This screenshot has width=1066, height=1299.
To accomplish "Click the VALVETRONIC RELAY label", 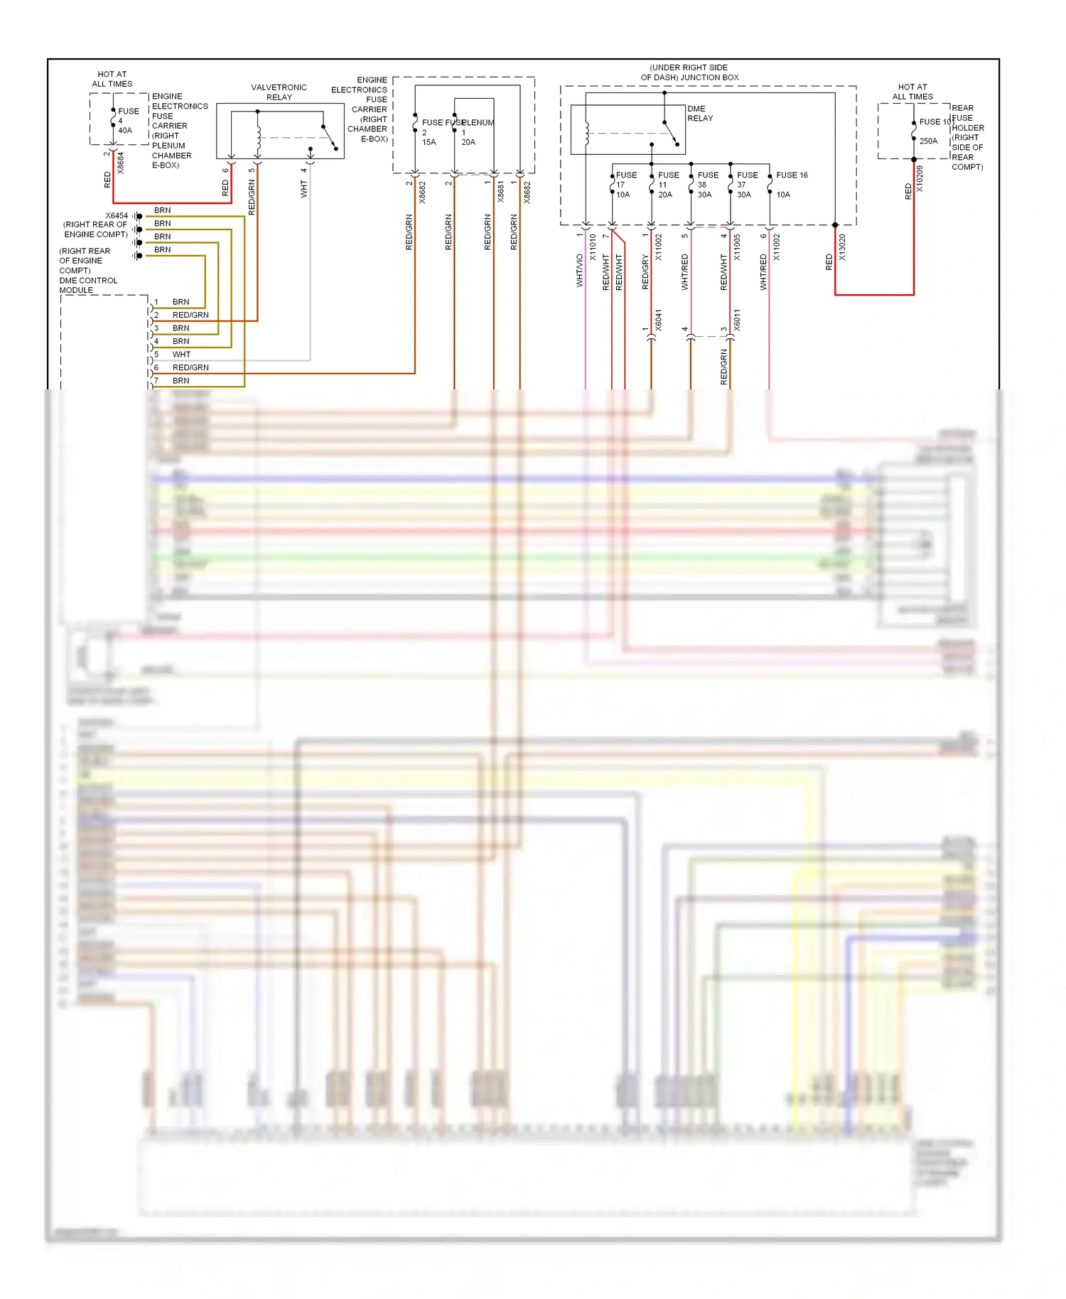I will (x=279, y=92).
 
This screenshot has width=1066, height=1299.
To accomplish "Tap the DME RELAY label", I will (x=699, y=114).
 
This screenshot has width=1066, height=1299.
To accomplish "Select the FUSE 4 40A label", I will (x=127, y=121).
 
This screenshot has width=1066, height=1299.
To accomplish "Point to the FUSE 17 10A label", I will (x=625, y=185).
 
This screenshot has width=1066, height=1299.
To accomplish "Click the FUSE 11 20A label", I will (x=667, y=185).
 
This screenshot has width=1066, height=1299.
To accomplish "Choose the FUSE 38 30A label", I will (x=707, y=185).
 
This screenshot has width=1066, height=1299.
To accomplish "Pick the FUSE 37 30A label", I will (x=746, y=185).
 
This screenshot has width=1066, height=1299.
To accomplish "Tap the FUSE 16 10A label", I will (x=790, y=184).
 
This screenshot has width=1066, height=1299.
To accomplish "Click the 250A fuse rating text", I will (x=928, y=141).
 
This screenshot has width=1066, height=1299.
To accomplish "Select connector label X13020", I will (x=842, y=247).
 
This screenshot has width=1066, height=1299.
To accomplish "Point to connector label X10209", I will (x=920, y=179).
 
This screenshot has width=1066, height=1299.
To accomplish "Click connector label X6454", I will (x=117, y=215).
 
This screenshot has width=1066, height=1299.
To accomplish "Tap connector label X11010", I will (x=593, y=247).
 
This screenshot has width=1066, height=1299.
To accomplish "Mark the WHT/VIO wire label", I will (x=580, y=271).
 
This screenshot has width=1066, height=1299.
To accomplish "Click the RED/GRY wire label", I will (x=645, y=272).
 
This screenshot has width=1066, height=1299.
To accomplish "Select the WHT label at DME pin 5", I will (x=181, y=355).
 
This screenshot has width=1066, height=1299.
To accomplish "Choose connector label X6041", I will (x=658, y=320).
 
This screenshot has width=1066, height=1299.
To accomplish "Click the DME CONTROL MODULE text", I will (x=87, y=285).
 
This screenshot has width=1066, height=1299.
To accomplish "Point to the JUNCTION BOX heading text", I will (x=689, y=72).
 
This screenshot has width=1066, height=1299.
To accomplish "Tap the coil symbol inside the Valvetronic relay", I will (x=259, y=135).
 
